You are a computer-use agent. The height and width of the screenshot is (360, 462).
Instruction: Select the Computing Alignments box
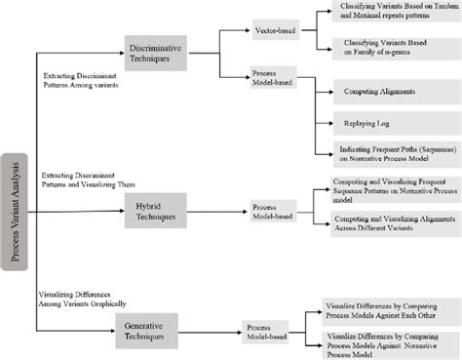(390, 92)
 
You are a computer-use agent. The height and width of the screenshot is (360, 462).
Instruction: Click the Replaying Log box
(390, 124)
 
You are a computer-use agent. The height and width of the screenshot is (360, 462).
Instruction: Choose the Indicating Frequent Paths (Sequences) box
(390, 152)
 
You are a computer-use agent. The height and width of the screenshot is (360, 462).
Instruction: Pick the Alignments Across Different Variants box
(390, 224)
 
